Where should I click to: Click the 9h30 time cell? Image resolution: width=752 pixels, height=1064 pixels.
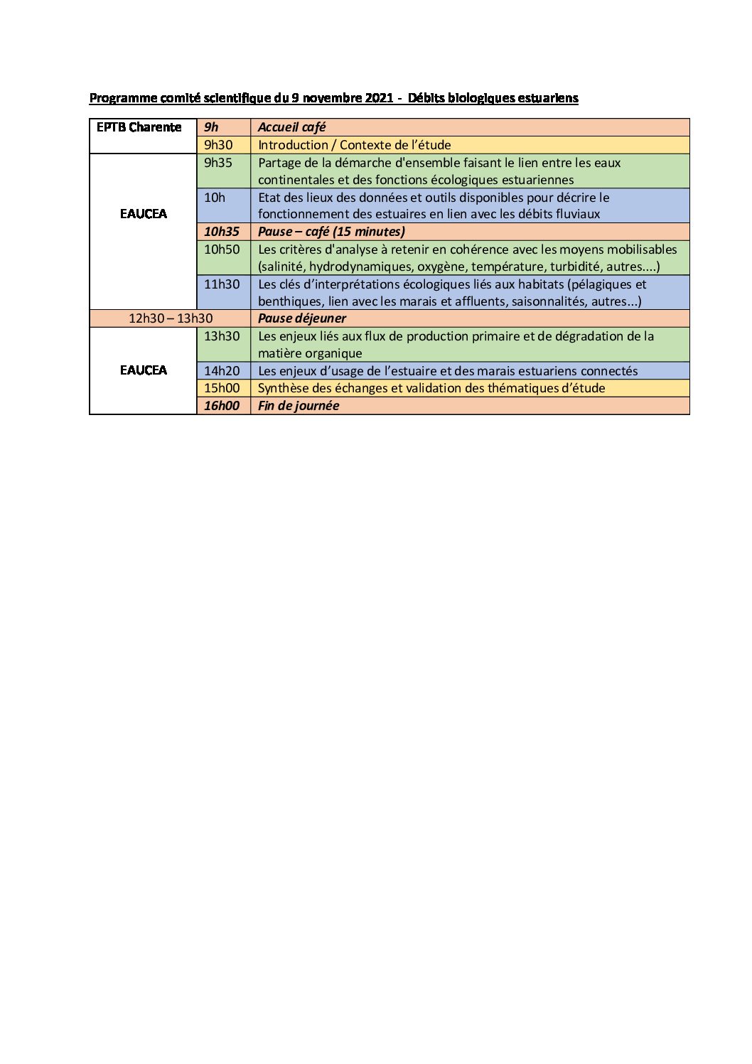coord(218,145)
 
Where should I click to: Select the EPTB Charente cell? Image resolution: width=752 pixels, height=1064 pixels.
coord(139,127)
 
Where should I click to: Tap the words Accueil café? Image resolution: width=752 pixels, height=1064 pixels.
coord(291,127)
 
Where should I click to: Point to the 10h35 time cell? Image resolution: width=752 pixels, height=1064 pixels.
coord(222,232)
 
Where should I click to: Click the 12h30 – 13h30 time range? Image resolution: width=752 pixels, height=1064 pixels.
coord(171,318)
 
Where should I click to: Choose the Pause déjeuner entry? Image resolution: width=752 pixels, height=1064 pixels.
coord(301,318)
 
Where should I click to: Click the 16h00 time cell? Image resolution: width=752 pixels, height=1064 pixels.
coord(222,406)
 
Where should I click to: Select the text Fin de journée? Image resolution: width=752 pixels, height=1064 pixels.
coord(299,406)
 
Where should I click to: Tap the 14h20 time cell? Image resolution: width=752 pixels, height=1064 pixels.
coord(222,371)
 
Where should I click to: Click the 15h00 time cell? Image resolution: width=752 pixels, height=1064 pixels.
coord(222,388)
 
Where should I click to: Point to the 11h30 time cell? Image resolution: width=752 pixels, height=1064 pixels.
coord(222,284)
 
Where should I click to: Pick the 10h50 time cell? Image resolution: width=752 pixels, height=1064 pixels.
coord(222,249)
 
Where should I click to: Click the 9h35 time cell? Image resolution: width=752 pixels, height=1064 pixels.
coord(218,163)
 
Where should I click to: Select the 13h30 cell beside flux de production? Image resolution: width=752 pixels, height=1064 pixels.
coord(222,336)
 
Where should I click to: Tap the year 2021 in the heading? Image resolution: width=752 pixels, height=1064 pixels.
coord(380,98)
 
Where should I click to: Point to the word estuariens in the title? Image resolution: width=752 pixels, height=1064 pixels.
coord(547,98)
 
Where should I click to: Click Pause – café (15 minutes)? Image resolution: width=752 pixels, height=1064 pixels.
coord(331,232)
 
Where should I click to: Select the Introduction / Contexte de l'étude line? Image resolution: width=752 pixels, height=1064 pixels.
coord(354,145)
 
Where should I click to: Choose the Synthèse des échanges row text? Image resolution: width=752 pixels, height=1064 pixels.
coord(431,388)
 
